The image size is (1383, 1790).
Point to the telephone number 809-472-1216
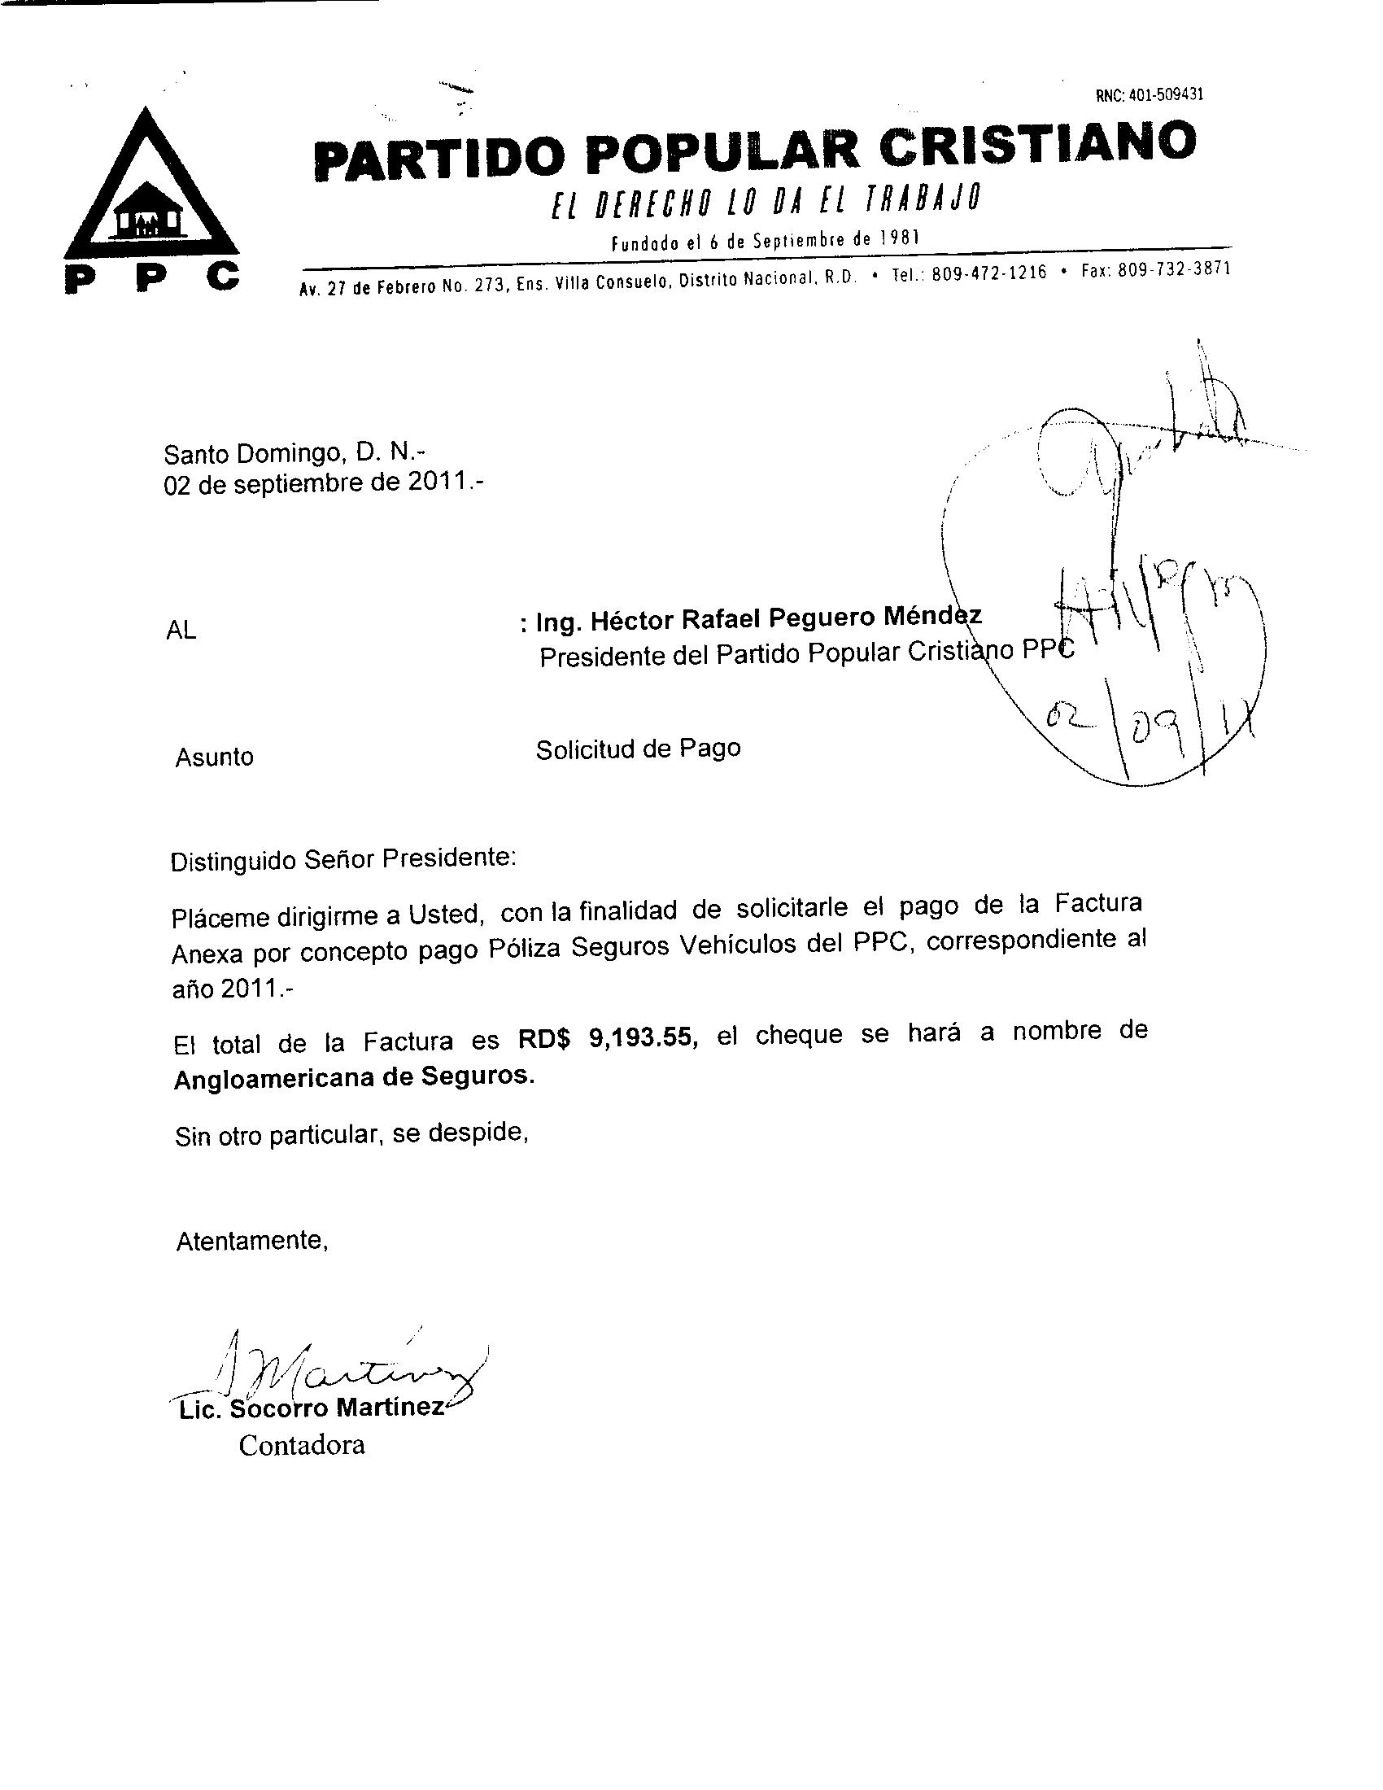pyautogui.click(x=989, y=273)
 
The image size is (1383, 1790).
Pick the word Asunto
pyautogui.click(x=214, y=757)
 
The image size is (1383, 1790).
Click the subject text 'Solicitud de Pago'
pyautogui.click(x=638, y=749)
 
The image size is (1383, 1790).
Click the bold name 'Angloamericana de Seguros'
pyautogui.click(x=354, y=1078)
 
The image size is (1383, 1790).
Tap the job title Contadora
pyautogui.click(x=302, y=1444)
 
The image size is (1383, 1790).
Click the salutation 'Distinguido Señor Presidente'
pyautogui.click(x=343, y=860)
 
